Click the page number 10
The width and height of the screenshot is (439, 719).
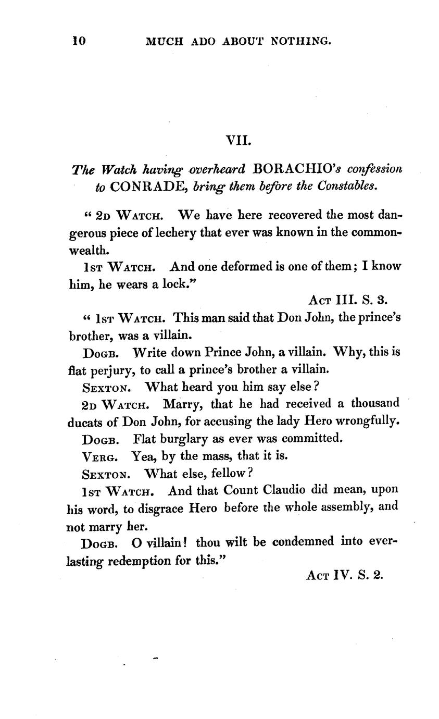[79, 41]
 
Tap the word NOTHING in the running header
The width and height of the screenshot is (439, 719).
[301, 41]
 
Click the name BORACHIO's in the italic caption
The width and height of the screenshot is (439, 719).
[297, 169]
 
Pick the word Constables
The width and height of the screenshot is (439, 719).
[349, 187]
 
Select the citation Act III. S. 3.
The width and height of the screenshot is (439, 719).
[348, 300]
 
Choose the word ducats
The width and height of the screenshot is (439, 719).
[85, 421]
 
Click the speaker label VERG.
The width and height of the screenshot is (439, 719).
[99, 457]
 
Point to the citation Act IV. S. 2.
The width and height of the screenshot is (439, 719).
[344, 576]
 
